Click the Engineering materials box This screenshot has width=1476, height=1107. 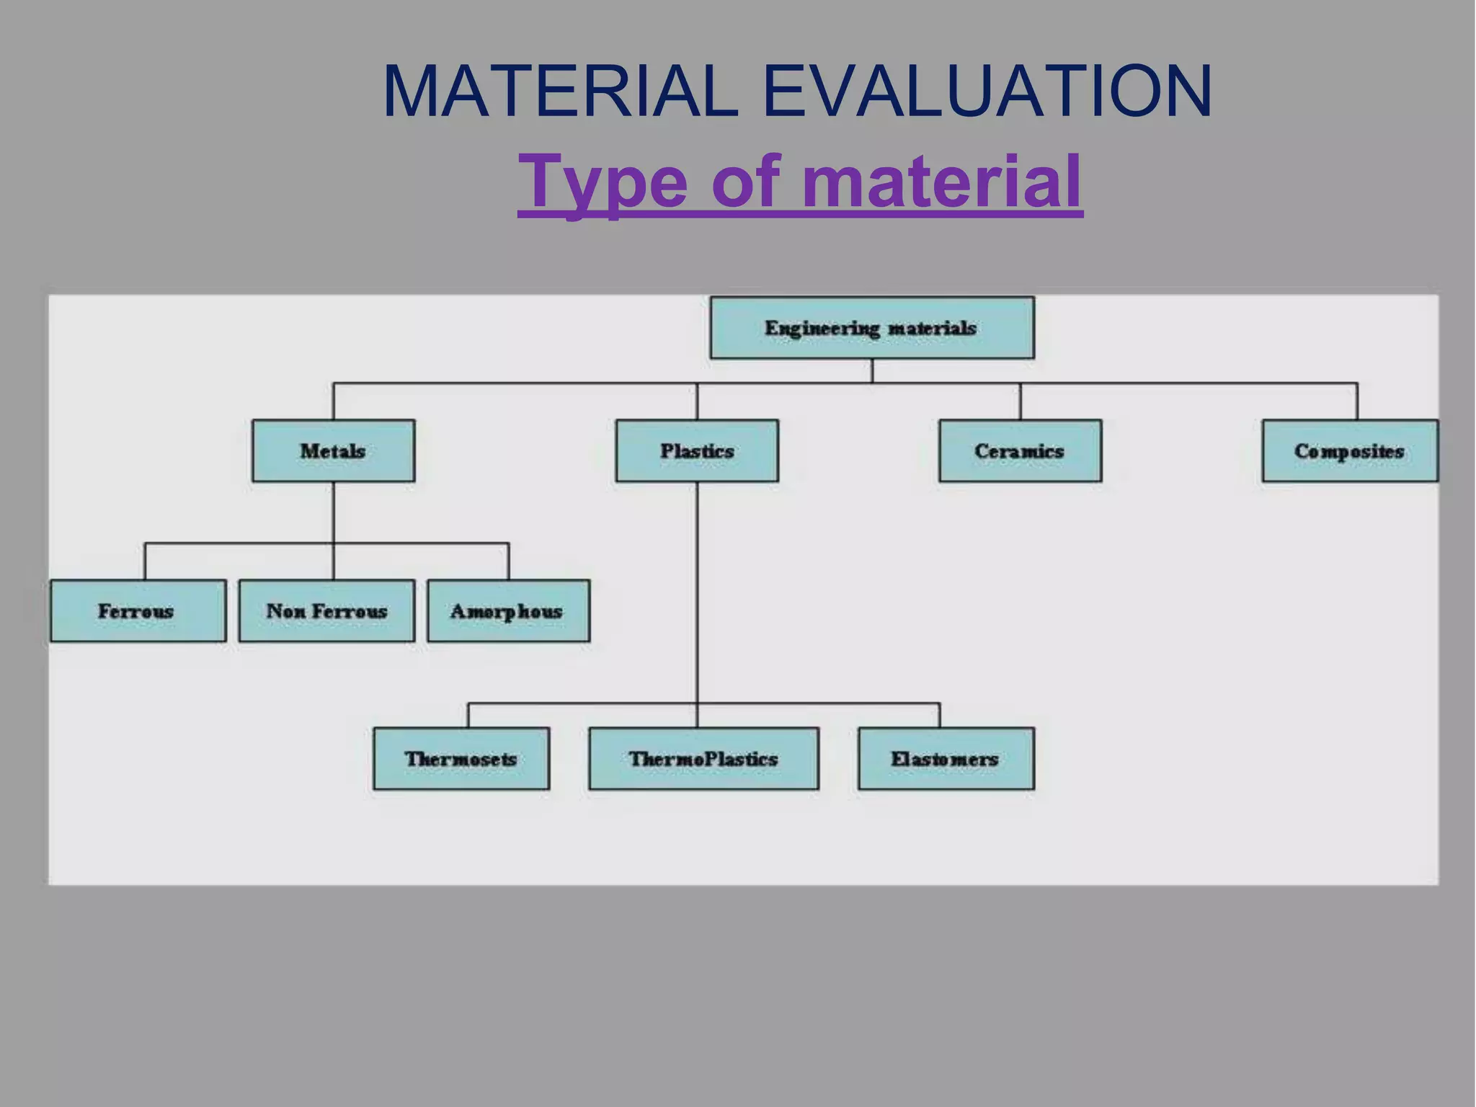click(871, 328)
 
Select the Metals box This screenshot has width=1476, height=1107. click(333, 451)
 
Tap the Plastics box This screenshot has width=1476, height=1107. click(697, 451)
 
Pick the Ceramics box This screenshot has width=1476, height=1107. click(1020, 451)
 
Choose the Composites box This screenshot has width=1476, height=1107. click(1349, 451)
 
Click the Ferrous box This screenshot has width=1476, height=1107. click(138, 611)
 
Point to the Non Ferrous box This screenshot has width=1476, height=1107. click(326, 611)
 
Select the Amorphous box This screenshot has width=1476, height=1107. click(508, 611)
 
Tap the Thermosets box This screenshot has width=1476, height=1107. click(461, 759)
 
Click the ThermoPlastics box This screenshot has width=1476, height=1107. click(703, 759)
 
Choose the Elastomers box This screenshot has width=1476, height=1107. click(946, 759)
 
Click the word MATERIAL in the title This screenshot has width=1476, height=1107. click(561, 92)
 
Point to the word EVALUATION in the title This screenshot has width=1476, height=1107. click(987, 92)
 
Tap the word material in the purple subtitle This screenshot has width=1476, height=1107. click(941, 182)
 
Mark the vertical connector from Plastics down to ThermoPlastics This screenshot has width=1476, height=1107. click(697, 591)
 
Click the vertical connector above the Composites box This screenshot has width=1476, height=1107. click(1357, 401)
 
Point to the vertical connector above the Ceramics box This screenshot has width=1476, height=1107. click(1021, 401)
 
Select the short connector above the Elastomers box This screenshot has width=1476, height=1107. click(939, 715)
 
